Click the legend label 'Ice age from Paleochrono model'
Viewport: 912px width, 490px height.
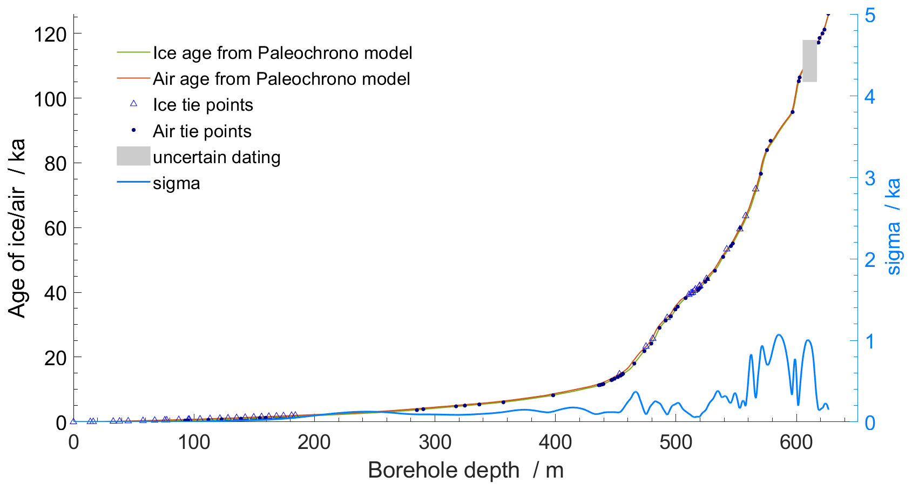[282, 53]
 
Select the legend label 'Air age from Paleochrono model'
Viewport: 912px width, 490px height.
[281, 79]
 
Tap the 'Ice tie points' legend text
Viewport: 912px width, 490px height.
[203, 105]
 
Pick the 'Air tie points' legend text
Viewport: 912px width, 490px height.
[202, 131]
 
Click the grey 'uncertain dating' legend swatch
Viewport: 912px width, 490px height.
[133, 156]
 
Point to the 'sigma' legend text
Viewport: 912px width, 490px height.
[176, 184]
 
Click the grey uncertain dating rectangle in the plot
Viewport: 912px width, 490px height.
[809, 61]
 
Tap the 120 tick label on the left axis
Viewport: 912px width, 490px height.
[50, 35]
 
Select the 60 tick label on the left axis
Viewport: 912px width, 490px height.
[55, 228]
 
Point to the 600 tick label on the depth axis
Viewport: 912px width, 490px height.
[796, 442]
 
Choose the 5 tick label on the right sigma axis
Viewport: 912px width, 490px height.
[870, 15]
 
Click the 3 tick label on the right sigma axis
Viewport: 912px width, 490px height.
[870, 178]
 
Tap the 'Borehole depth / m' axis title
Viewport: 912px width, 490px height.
[465, 471]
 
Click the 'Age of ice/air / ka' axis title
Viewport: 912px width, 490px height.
[17, 228]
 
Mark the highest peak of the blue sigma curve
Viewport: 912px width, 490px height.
[779, 334]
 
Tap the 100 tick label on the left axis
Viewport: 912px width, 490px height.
[50, 99]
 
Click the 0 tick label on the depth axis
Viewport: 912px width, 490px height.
[73, 442]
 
